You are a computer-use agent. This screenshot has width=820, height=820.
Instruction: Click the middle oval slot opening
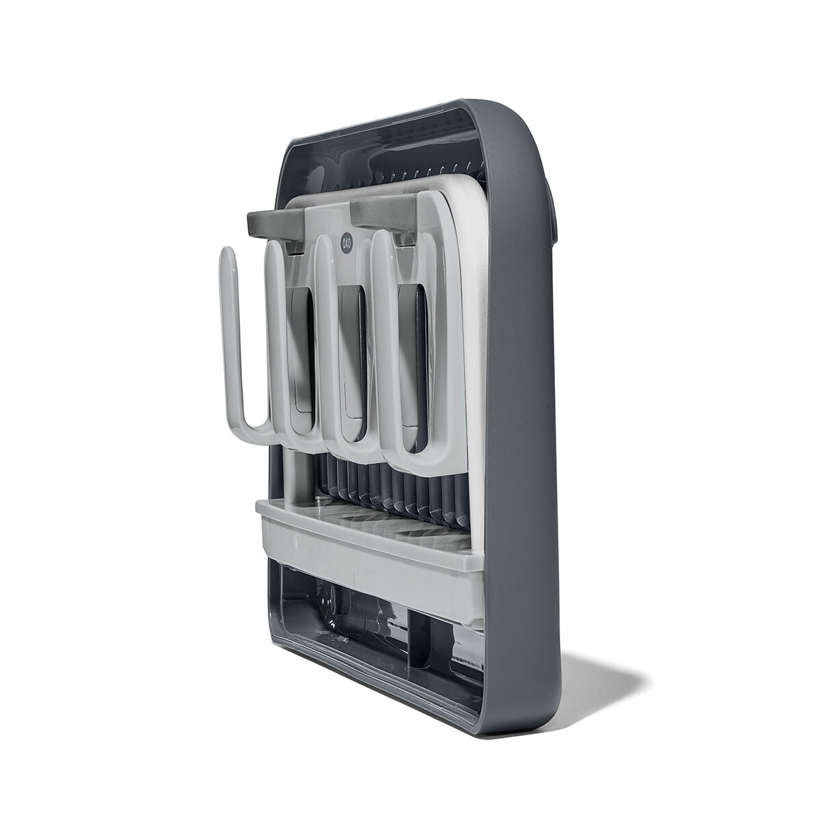(353, 344)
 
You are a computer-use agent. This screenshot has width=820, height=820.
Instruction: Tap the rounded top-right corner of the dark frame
(525, 117)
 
